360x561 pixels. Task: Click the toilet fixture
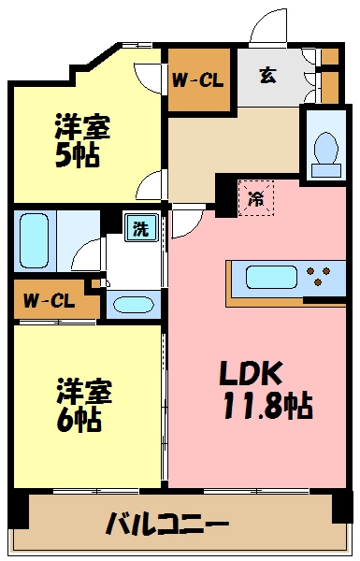[x=326, y=149]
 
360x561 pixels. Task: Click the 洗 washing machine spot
[x=138, y=229]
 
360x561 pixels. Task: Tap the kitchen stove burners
[x=319, y=278]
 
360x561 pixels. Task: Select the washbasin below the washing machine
[x=131, y=305]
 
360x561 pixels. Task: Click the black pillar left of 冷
[x=225, y=194]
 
